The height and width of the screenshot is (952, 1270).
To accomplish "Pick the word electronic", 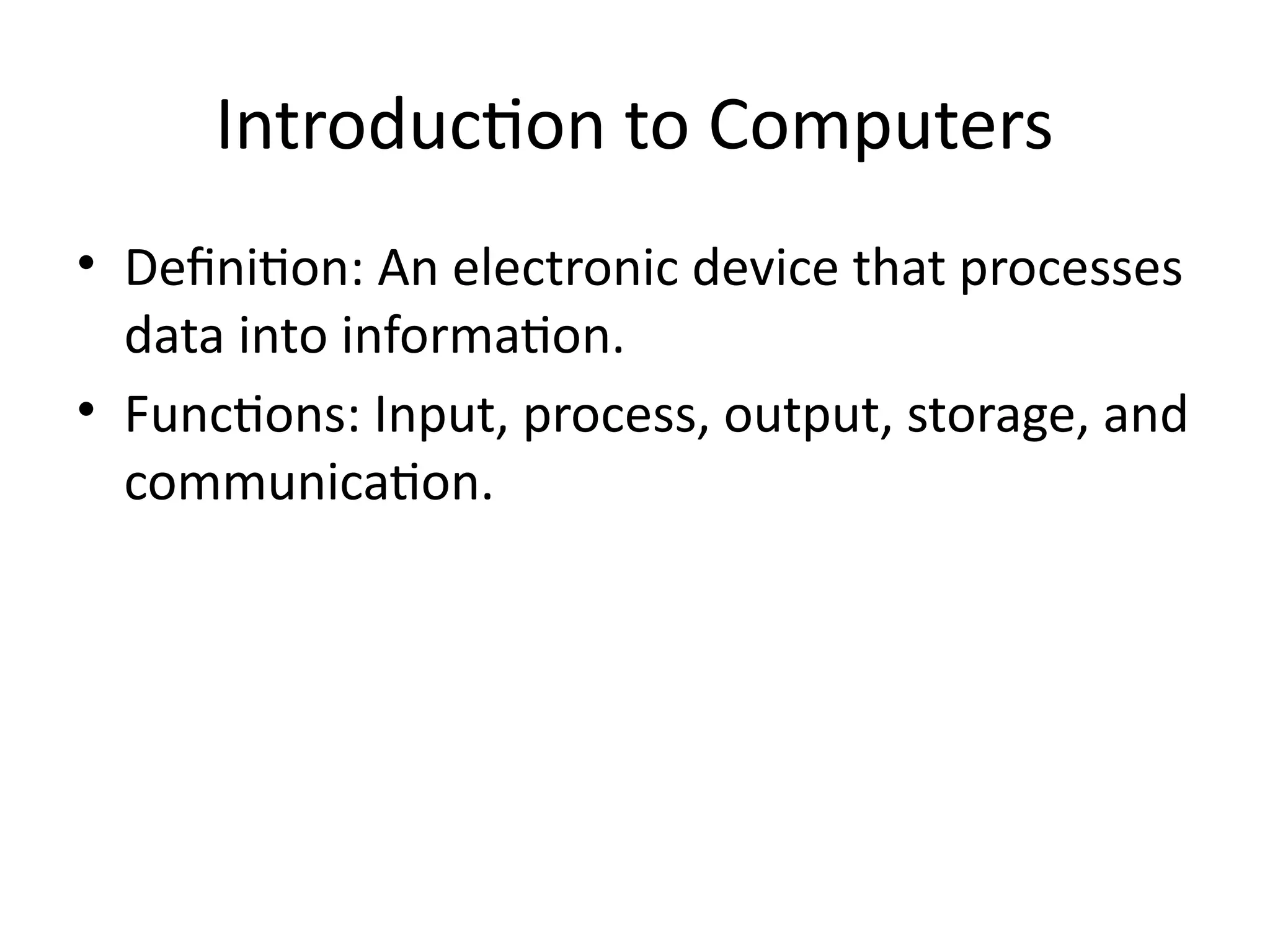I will pos(565,268).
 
